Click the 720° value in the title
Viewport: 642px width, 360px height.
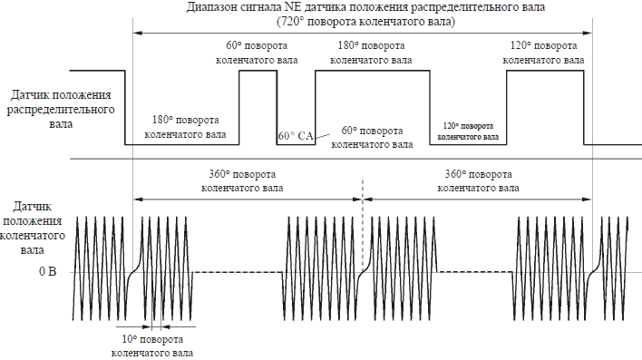tap(291, 21)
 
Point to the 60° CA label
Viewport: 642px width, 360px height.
tap(296, 136)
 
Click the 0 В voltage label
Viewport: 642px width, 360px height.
tap(47, 271)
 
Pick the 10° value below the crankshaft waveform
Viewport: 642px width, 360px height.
tap(130, 339)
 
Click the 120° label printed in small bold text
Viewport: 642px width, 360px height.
tap(451, 126)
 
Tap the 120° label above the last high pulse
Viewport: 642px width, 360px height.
tap(520, 45)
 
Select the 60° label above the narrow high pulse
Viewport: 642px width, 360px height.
tap(233, 45)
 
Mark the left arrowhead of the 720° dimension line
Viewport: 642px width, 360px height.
tap(138, 33)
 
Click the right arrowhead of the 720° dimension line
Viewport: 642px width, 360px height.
tap(588, 33)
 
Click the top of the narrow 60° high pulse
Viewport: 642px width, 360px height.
tap(258, 71)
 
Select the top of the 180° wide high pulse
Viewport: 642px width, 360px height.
tap(373, 71)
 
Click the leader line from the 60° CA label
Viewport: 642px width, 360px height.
tap(322, 135)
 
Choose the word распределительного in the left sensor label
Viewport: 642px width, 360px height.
tap(61, 110)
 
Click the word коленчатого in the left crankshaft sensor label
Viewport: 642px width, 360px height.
tap(33, 236)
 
